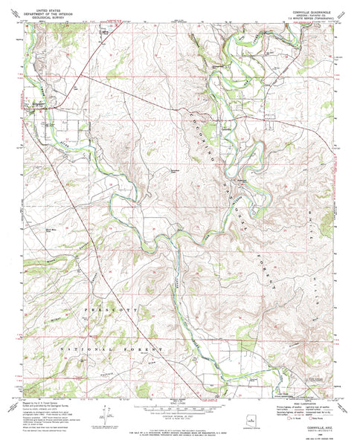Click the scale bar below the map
click(x=179, y=411)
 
